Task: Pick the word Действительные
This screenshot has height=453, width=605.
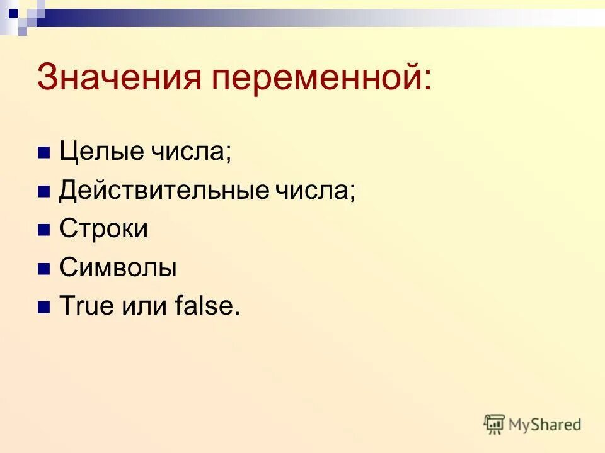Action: tap(164, 190)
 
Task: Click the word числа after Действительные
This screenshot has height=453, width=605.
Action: tap(313, 190)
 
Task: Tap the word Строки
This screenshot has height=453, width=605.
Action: tap(104, 229)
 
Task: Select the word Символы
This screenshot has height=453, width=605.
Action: tap(118, 268)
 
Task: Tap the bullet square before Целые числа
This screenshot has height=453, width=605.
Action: tap(43, 153)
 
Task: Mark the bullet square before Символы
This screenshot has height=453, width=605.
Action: tap(43, 269)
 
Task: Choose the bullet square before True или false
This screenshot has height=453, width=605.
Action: tap(43, 308)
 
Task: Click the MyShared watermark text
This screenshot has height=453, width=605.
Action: tap(545, 425)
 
